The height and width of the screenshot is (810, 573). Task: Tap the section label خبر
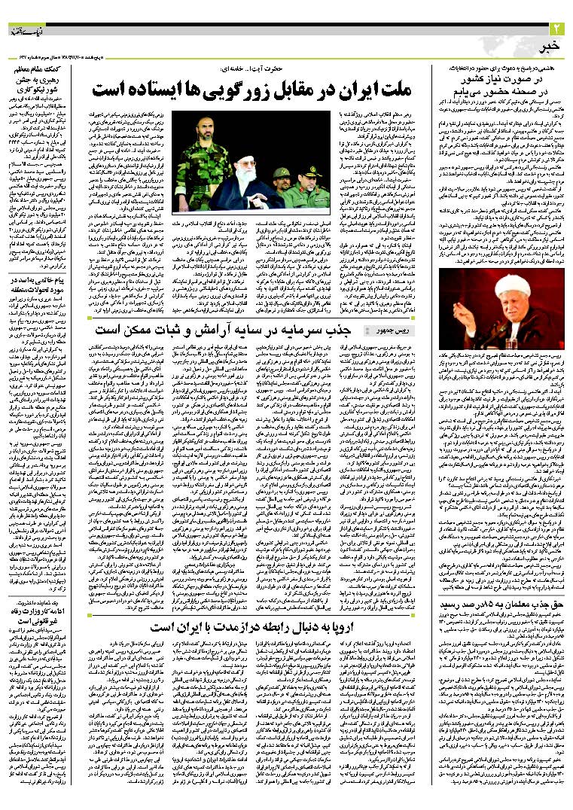(554, 47)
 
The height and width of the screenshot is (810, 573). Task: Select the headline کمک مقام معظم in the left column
(37, 69)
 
